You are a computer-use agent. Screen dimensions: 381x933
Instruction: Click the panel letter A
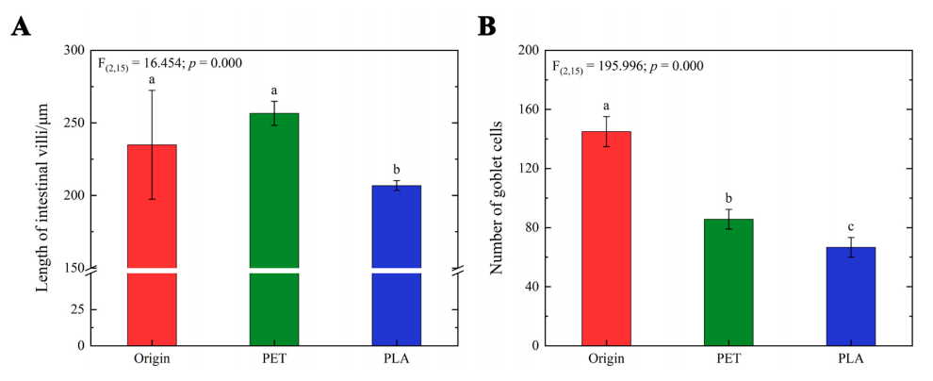click(x=21, y=26)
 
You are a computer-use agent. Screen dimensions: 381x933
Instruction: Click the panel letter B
click(x=487, y=26)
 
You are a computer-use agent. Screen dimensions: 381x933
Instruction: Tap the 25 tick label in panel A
click(x=77, y=309)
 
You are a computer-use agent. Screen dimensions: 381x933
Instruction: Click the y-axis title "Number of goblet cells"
click(x=497, y=198)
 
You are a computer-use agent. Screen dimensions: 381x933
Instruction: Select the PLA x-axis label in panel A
click(x=397, y=359)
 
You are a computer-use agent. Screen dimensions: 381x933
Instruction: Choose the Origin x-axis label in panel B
click(x=606, y=359)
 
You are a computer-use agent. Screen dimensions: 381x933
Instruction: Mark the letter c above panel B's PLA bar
click(x=851, y=226)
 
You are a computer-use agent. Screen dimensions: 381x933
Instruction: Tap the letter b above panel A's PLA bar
click(x=397, y=170)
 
